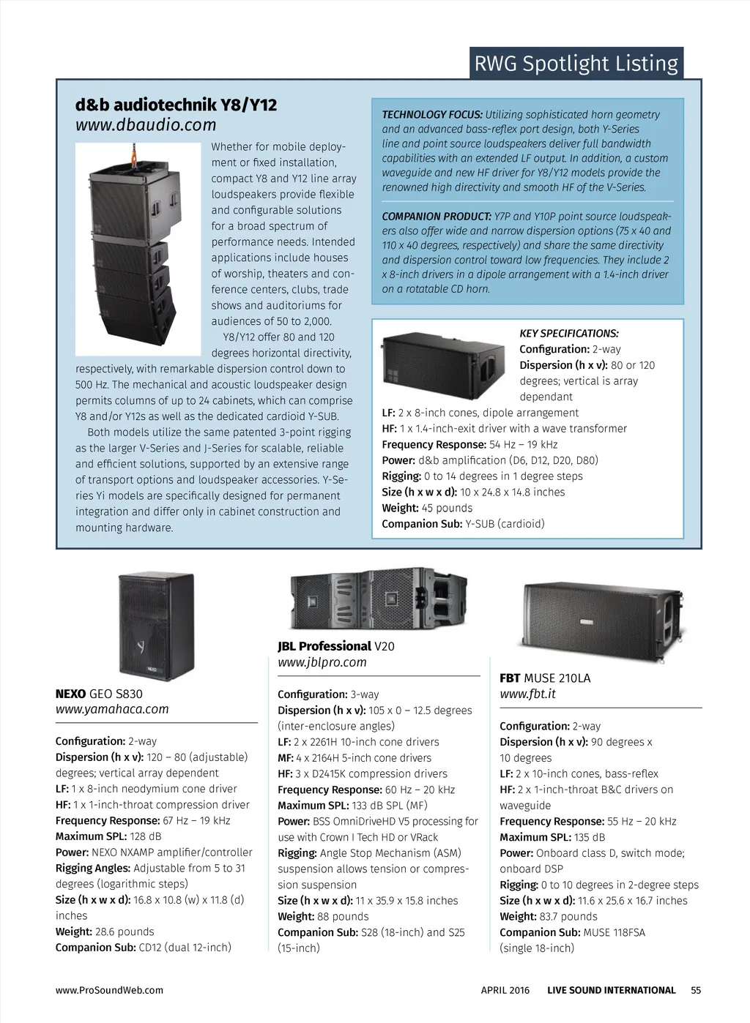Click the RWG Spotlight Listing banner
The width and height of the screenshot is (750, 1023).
576,64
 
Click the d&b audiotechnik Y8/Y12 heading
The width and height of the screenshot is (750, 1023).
176,105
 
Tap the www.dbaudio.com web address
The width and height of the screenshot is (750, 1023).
146,125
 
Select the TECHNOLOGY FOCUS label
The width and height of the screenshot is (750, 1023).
432,115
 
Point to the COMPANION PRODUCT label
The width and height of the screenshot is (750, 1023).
437,217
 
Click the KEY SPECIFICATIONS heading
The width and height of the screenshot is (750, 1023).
569,334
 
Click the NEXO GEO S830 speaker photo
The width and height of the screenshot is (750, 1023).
156,626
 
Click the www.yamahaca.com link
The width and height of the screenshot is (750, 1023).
112,709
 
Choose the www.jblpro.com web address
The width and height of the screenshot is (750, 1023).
322,662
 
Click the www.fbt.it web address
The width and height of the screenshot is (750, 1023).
527,694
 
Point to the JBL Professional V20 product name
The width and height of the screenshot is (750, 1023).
335,646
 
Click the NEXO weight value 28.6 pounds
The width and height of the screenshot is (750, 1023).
125,932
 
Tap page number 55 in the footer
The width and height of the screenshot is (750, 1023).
696,990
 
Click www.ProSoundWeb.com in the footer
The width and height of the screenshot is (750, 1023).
109,990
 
